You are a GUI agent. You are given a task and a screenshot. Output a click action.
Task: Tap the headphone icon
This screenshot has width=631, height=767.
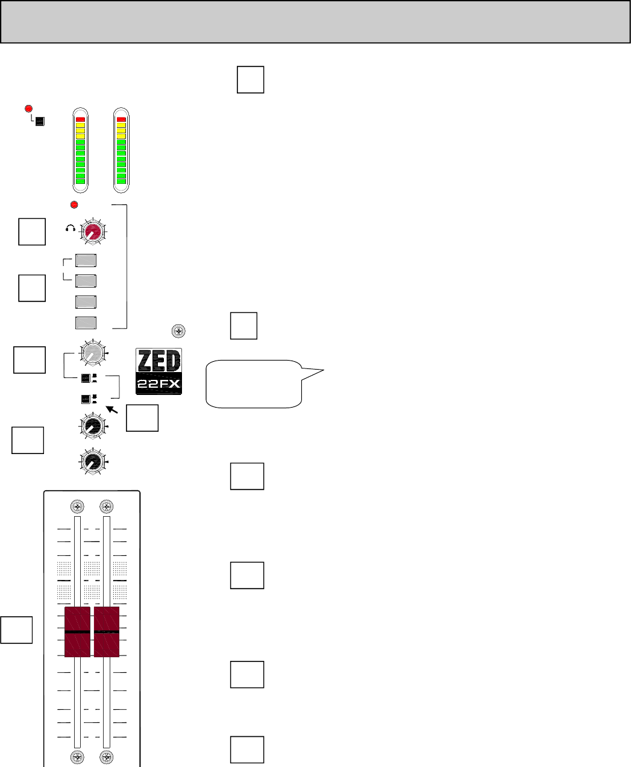click(71, 229)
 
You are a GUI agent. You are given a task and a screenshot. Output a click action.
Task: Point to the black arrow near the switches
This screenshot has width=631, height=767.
click(112, 411)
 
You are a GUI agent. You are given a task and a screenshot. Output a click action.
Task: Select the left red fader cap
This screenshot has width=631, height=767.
click(77, 632)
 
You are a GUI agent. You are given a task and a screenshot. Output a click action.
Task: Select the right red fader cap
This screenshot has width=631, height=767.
click(107, 632)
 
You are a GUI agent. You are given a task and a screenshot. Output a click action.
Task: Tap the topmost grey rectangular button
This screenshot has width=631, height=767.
click(86, 261)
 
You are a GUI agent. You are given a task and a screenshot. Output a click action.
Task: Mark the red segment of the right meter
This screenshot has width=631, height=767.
click(121, 119)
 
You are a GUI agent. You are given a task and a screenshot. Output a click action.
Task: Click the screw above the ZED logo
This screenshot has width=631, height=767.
click(178, 330)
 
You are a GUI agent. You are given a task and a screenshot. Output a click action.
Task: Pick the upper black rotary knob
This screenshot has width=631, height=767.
click(92, 426)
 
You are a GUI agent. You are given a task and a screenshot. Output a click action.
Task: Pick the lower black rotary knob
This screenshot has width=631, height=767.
click(92, 462)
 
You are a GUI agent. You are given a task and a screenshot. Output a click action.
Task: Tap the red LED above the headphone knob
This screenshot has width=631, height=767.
click(75, 203)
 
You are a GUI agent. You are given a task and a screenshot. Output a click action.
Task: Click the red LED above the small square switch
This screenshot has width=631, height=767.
click(28, 109)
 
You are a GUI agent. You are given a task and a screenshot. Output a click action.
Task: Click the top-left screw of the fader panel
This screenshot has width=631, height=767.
click(77, 506)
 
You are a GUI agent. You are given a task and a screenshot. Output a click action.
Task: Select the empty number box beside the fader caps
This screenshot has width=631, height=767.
click(16, 630)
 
